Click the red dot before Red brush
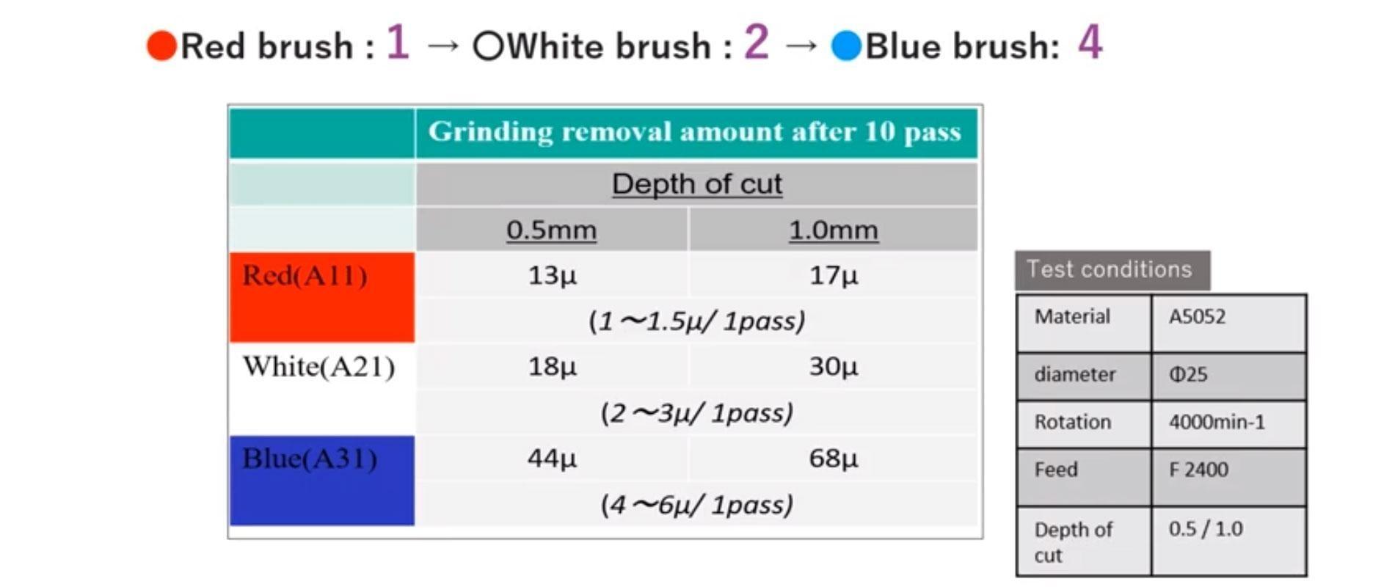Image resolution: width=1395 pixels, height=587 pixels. (x=161, y=45)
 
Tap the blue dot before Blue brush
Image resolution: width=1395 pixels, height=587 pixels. (x=845, y=46)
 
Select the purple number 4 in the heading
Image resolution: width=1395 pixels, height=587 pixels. (x=1090, y=43)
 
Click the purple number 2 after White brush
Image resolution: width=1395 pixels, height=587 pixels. (x=756, y=43)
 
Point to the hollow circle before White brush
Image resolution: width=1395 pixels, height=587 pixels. (x=488, y=46)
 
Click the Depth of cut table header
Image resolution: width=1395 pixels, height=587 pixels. (x=696, y=183)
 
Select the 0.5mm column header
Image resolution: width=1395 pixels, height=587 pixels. (x=551, y=230)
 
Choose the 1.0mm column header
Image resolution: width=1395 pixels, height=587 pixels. (x=833, y=230)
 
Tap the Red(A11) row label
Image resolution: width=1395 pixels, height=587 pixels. (x=305, y=276)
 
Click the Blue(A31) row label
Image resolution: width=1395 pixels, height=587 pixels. (x=310, y=459)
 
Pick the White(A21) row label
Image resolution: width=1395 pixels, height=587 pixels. (x=318, y=366)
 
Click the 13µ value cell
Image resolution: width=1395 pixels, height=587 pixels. (x=552, y=276)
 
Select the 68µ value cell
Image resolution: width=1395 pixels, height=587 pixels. (x=833, y=459)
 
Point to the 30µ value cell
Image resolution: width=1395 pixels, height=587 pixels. (x=833, y=366)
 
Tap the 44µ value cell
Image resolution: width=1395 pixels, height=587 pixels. (x=552, y=459)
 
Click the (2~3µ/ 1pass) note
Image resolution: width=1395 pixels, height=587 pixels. (x=696, y=413)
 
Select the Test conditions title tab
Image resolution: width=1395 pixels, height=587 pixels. (x=1109, y=269)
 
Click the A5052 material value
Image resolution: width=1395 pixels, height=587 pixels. (x=1197, y=317)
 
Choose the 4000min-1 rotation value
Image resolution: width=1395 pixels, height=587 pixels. (x=1216, y=423)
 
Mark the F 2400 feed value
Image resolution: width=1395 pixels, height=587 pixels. (x=1198, y=470)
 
